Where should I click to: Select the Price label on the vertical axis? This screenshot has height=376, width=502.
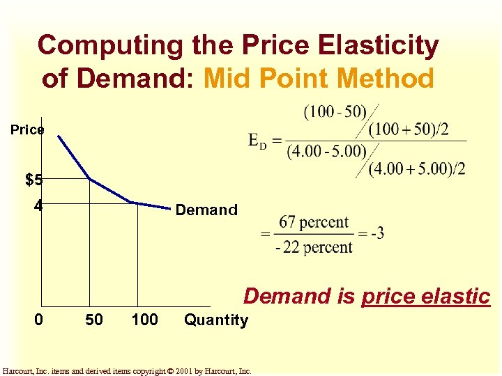point(27,130)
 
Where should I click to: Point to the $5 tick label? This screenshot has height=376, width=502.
point(33,180)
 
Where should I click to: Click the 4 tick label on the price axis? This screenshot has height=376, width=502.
point(38,206)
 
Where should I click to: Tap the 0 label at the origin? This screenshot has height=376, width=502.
point(40,320)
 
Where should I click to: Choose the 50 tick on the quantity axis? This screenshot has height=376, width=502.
point(93,320)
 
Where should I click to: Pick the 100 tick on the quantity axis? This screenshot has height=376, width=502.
point(144,320)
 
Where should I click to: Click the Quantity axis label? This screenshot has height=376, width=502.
point(215,320)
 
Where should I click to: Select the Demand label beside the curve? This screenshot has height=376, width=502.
point(206,210)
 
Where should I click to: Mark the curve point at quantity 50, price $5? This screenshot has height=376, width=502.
point(90,179)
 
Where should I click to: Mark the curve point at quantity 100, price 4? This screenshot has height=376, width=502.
point(137,204)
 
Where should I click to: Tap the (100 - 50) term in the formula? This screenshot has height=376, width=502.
point(335,112)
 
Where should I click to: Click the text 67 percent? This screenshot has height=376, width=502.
point(314,223)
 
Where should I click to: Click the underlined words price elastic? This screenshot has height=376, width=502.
point(426,296)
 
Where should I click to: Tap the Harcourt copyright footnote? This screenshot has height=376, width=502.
point(127,370)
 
